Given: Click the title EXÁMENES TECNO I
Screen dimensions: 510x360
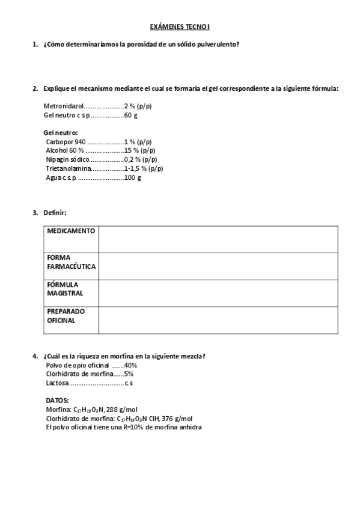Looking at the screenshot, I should [180, 27].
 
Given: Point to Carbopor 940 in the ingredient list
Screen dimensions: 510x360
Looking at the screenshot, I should [66, 142].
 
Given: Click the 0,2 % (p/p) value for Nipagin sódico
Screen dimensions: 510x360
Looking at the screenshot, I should [141, 159].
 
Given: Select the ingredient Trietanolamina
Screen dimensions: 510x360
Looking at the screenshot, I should [69, 168].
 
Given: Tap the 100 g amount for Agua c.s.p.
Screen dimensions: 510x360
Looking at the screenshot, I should [132, 177].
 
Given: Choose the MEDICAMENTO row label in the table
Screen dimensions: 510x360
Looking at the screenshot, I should [71, 231].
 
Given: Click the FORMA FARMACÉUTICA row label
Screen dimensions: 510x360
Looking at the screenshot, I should [71, 262].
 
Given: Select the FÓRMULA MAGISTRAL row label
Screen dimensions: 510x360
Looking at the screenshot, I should [66, 289].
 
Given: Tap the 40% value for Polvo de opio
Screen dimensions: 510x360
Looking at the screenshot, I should [130, 365].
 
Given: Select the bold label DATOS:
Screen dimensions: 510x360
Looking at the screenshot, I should [57, 400].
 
